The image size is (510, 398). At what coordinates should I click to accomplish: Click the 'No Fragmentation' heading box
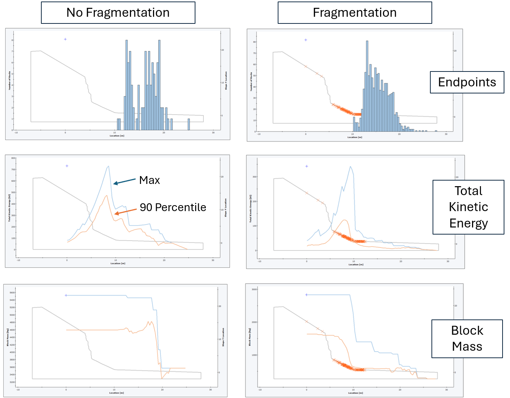click(118, 13)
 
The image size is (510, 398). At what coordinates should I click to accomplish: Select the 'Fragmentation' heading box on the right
click(354, 13)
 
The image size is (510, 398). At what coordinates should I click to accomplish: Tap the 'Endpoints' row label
click(467, 82)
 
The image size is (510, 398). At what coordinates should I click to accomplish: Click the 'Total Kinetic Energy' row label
click(468, 207)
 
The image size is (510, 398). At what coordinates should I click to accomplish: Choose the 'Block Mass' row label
click(467, 338)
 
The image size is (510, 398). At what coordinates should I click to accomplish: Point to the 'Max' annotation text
click(149, 180)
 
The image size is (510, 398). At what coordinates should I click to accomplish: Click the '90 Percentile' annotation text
click(173, 207)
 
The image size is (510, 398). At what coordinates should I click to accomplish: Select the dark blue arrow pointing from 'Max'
click(124, 181)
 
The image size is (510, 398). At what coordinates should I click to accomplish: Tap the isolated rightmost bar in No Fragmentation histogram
click(189, 124)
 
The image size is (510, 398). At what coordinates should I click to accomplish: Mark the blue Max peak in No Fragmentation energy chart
click(108, 166)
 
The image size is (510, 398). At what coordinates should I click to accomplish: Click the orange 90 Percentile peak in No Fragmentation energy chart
click(107, 195)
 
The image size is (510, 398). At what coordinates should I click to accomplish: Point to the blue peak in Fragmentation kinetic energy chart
click(350, 167)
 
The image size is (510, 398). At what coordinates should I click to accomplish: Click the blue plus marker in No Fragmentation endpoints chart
click(65, 39)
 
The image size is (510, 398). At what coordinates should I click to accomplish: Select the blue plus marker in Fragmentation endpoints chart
click(306, 40)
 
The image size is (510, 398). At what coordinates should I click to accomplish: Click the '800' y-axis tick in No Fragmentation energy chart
click(13, 158)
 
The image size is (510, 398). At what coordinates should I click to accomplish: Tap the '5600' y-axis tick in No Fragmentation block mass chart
click(12, 293)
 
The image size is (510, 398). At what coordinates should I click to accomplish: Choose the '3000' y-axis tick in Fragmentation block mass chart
click(254, 289)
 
